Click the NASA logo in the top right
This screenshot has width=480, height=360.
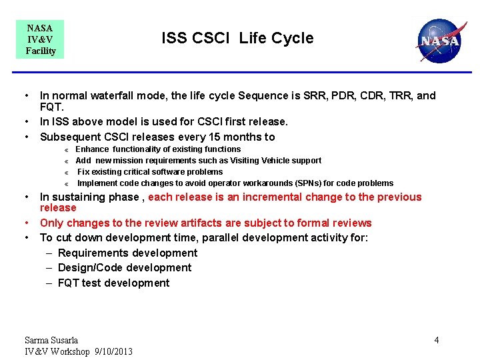coord(439,40)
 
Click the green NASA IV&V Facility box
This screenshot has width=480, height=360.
coord(40,39)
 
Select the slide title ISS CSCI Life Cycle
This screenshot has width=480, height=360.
coord(237,38)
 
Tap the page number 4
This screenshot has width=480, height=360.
coord(437,340)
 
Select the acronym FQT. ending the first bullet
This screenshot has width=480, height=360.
coord(53,107)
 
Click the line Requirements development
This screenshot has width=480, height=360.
coord(127,253)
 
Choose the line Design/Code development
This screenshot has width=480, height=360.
coord(125,267)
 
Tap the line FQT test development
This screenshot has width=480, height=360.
coord(113,283)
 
